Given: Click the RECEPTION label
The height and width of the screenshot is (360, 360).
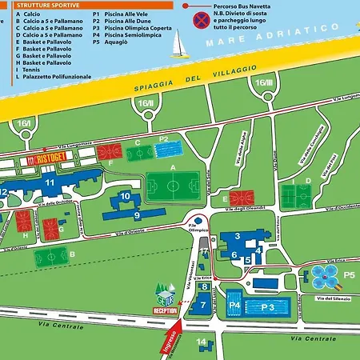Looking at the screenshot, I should tap(164, 310).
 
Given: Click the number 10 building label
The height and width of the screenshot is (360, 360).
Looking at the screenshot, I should tap(125, 196).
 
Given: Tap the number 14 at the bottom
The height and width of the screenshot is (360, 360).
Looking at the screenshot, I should tap(202, 342).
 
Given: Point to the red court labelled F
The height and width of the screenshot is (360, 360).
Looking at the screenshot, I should tap(109, 152).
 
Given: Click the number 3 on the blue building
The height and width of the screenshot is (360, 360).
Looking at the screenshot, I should tap(237, 236).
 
